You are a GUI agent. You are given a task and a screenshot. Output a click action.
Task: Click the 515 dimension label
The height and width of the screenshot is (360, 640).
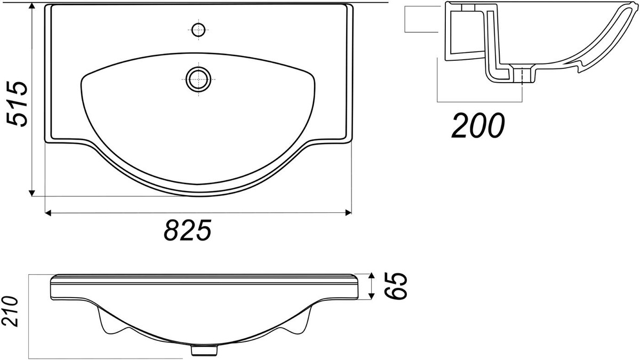click(x=17, y=103)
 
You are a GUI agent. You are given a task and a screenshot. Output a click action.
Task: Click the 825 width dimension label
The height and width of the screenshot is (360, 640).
click(x=188, y=230)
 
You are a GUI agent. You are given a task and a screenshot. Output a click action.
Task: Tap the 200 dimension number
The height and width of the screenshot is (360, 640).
click(x=478, y=126)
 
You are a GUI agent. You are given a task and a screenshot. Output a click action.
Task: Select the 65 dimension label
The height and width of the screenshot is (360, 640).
click(x=396, y=286)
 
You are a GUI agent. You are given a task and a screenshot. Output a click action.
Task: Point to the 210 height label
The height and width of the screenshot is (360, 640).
click(x=10, y=311)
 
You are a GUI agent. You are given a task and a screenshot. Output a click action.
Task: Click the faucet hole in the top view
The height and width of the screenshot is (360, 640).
click(x=198, y=30)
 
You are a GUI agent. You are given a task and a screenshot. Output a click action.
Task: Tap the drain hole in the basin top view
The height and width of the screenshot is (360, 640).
click(x=198, y=79)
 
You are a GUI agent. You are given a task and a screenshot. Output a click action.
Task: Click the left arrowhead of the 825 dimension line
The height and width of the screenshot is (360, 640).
click(x=48, y=213)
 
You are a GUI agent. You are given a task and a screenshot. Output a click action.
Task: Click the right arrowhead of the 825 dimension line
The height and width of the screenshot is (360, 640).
click(x=349, y=213)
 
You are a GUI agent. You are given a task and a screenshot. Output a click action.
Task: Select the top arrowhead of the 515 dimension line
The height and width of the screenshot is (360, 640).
click(x=32, y=6)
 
